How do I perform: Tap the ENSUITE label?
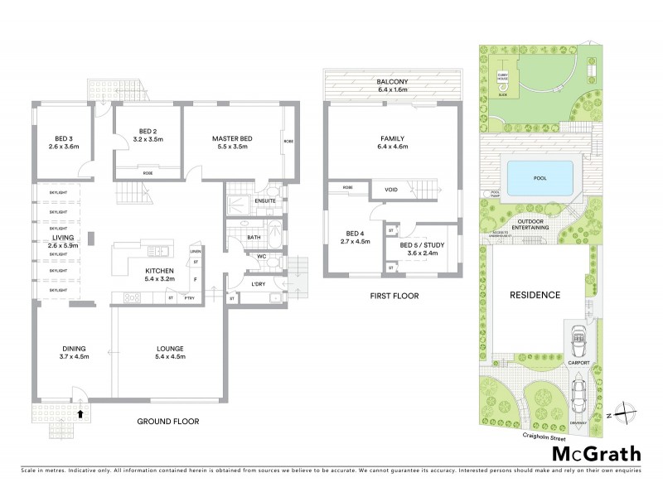click(x=265, y=200)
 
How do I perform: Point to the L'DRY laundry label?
click(x=257, y=285)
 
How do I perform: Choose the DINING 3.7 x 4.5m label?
click(x=74, y=352)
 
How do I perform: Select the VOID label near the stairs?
click(x=391, y=191)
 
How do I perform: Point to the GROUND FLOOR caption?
click(x=168, y=421)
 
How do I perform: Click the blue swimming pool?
click(x=540, y=177)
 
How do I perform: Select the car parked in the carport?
click(x=579, y=333)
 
